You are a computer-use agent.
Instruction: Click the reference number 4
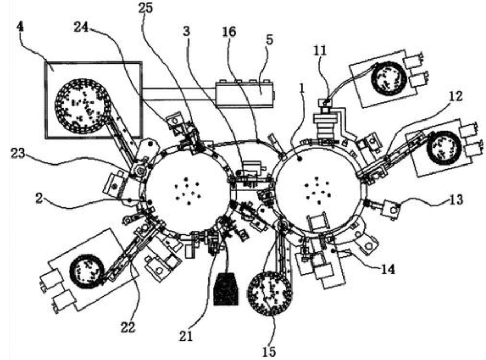pyautogui.click(x=19, y=27)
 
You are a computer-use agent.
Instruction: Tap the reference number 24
pyautogui.click(x=81, y=28)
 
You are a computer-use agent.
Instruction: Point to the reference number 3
pyautogui.click(x=186, y=31)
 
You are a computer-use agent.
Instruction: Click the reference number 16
pyautogui.click(x=229, y=32)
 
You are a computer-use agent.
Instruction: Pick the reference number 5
pyautogui.click(x=270, y=40)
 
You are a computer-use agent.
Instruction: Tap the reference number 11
pyautogui.click(x=320, y=50)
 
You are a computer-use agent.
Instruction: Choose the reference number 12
pyautogui.click(x=455, y=96)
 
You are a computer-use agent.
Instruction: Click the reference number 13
pyautogui.click(x=456, y=199)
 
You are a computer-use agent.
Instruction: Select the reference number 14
pyautogui.click(x=388, y=269)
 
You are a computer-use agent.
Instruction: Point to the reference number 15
pyautogui.click(x=269, y=351)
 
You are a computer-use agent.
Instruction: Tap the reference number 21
pyautogui.click(x=185, y=336)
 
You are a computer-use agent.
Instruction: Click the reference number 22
pyautogui.click(x=128, y=327)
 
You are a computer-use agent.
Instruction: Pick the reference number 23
pyautogui.click(x=18, y=153)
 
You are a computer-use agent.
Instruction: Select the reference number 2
pyautogui.click(x=39, y=198)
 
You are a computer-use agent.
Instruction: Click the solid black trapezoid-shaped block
pyautogui.click(x=226, y=289)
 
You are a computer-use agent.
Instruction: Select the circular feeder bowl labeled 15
pyautogui.click(x=270, y=294)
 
